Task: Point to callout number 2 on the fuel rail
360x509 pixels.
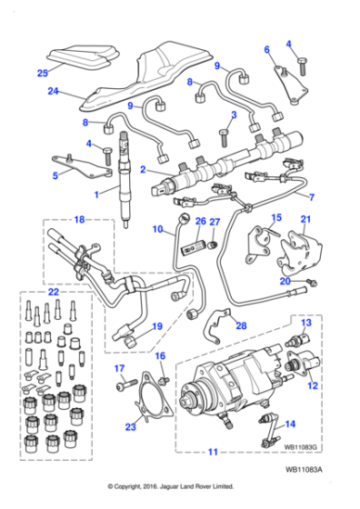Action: [142, 169]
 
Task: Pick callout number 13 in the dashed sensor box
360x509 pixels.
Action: [306, 323]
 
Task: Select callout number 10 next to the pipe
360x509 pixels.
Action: [155, 229]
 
